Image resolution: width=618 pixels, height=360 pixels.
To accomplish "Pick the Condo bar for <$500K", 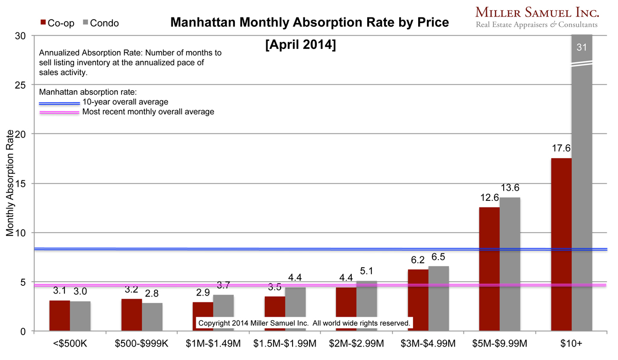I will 80,316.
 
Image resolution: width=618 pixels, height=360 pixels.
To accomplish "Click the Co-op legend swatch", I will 43,23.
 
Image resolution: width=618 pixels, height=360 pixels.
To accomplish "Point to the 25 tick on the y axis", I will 21,84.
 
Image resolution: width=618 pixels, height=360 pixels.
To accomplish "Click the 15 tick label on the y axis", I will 21,183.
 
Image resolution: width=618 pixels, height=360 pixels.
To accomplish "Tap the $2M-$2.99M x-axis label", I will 356,343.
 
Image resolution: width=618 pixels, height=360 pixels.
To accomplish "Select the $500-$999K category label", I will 142,343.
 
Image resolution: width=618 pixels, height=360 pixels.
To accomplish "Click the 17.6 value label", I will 561,149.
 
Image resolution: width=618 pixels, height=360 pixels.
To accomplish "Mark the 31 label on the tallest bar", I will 582,47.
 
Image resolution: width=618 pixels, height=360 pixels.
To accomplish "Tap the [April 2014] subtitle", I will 300,45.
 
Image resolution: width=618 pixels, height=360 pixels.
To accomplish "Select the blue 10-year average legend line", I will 60,103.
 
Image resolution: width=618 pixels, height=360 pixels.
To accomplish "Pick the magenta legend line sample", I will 60,112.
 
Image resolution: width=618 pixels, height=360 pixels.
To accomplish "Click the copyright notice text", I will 304,323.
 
